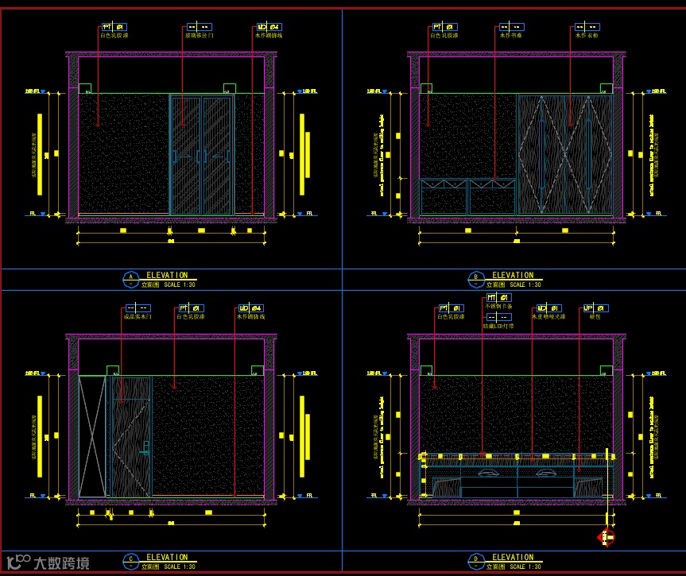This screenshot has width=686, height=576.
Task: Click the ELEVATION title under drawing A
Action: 167,275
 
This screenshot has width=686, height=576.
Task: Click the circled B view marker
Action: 475,279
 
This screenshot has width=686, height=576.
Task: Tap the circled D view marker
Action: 475,561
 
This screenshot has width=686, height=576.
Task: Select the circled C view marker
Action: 130,561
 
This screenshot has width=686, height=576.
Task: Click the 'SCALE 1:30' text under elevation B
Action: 525,284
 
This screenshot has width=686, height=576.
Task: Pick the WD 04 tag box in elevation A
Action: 269,26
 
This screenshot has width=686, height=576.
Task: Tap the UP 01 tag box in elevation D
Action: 595,308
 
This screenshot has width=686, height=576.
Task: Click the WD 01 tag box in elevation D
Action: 549,308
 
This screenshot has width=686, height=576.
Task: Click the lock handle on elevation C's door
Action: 145,449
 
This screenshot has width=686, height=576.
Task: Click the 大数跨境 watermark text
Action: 60,563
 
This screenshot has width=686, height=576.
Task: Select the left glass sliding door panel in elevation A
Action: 185,154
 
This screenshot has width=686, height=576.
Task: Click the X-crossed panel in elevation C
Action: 92,436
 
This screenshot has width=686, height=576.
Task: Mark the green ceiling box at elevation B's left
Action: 426,88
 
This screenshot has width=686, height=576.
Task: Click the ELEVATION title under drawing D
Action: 513,557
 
